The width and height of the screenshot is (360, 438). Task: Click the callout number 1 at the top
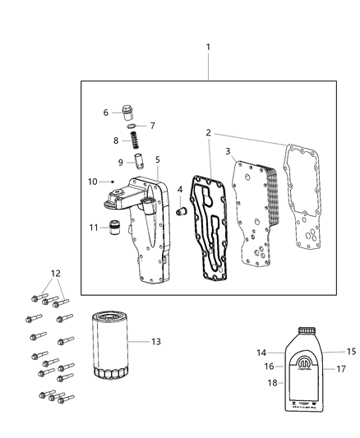click(208, 47)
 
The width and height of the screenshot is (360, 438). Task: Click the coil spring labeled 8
click(132, 126)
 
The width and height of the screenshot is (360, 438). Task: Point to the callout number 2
click(208, 132)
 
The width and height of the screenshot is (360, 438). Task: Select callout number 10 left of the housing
click(93, 181)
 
